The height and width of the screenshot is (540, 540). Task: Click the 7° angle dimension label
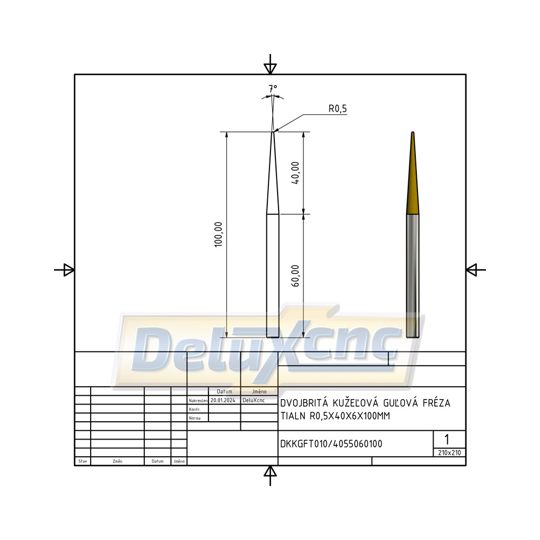[x=273, y=89]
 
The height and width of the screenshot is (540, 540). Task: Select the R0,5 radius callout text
[x=337, y=109]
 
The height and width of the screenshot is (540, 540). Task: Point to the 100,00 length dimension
[x=218, y=234]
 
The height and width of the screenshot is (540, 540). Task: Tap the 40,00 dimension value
[x=295, y=173]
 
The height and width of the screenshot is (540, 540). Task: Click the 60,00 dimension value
[x=295, y=276]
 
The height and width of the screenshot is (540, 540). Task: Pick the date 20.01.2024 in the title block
[x=223, y=400]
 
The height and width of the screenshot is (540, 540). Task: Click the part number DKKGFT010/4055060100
[x=332, y=444]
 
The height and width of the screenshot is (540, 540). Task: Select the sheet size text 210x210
[x=449, y=453]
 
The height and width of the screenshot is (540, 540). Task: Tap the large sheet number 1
[x=447, y=440]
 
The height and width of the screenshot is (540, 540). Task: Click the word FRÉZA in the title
[x=436, y=403]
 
